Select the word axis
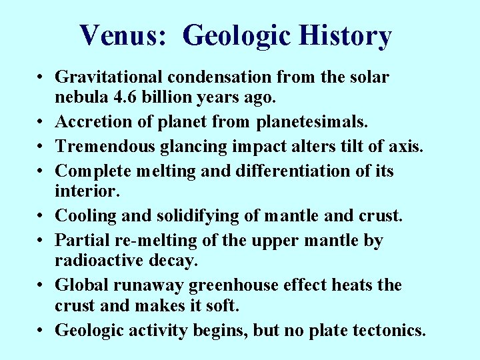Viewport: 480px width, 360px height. pos(406,146)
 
